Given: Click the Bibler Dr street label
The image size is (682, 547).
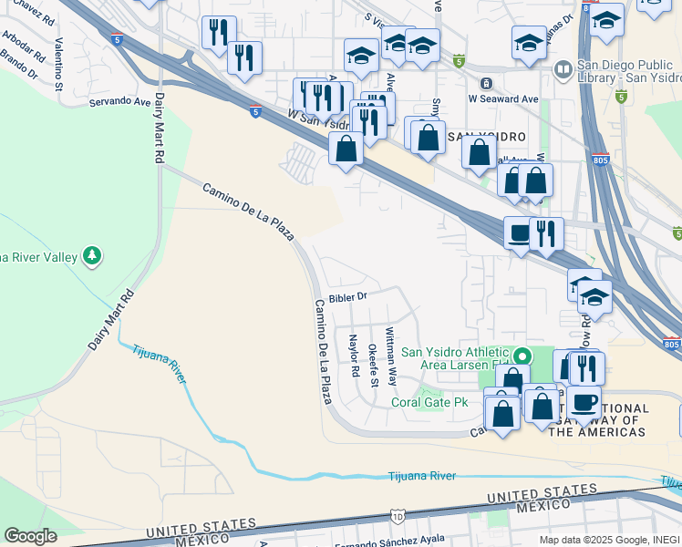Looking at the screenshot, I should pyautogui.click(x=347, y=297).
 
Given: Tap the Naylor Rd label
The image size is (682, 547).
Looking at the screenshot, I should pyautogui.click(x=353, y=356).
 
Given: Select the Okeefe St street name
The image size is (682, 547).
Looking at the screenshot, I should pyautogui.click(x=372, y=365).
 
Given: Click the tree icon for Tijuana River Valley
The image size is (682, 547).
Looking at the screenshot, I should pyautogui.click(x=91, y=256).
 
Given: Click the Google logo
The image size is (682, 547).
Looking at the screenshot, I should pyautogui.click(x=31, y=536).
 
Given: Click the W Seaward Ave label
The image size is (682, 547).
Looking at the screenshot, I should pyautogui.click(x=503, y=98).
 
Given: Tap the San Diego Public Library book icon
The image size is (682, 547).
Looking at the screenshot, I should pyautogui.click(x=563, y=69).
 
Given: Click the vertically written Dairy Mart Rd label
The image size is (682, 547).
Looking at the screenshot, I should pyautogui.click(x=159, y=129).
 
